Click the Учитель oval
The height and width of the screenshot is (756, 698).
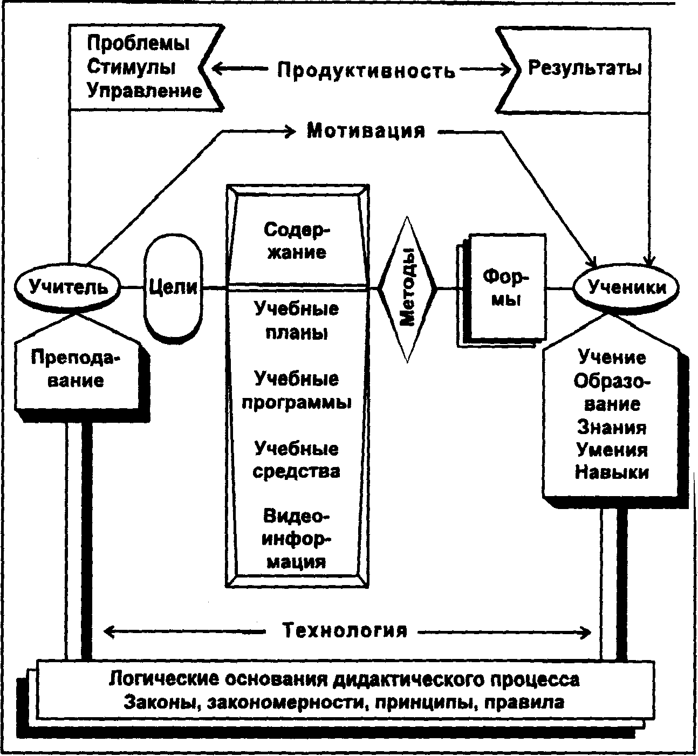coord(69,287)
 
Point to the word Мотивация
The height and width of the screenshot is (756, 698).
coord(366,131)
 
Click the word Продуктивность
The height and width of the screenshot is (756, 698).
coord(366,70)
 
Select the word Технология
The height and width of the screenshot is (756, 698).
coord(345,630)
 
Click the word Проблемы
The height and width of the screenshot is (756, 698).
coord(138,43)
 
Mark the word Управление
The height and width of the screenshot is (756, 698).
coord(144,91)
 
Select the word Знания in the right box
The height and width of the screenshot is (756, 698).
coord(612,427)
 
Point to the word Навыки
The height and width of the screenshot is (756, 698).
coord(612,473)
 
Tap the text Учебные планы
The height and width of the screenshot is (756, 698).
coord(297,321)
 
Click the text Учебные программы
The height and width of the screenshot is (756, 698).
coord(297,390)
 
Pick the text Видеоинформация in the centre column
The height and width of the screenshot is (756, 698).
coord(297,539)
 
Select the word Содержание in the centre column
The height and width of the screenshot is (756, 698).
coord(297,240)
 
